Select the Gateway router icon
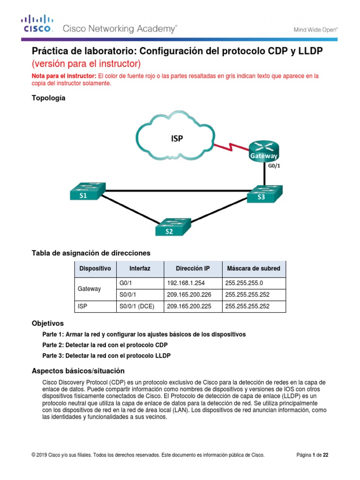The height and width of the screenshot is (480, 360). click(263, 150)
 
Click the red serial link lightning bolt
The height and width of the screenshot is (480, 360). click(231, 147)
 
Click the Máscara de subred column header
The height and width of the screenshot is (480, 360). click(253, 269)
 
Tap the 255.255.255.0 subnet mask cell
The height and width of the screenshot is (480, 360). click(244, 283)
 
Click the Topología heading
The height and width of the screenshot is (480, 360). click(48, 98)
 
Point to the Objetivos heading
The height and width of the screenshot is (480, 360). click(47, 324)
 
